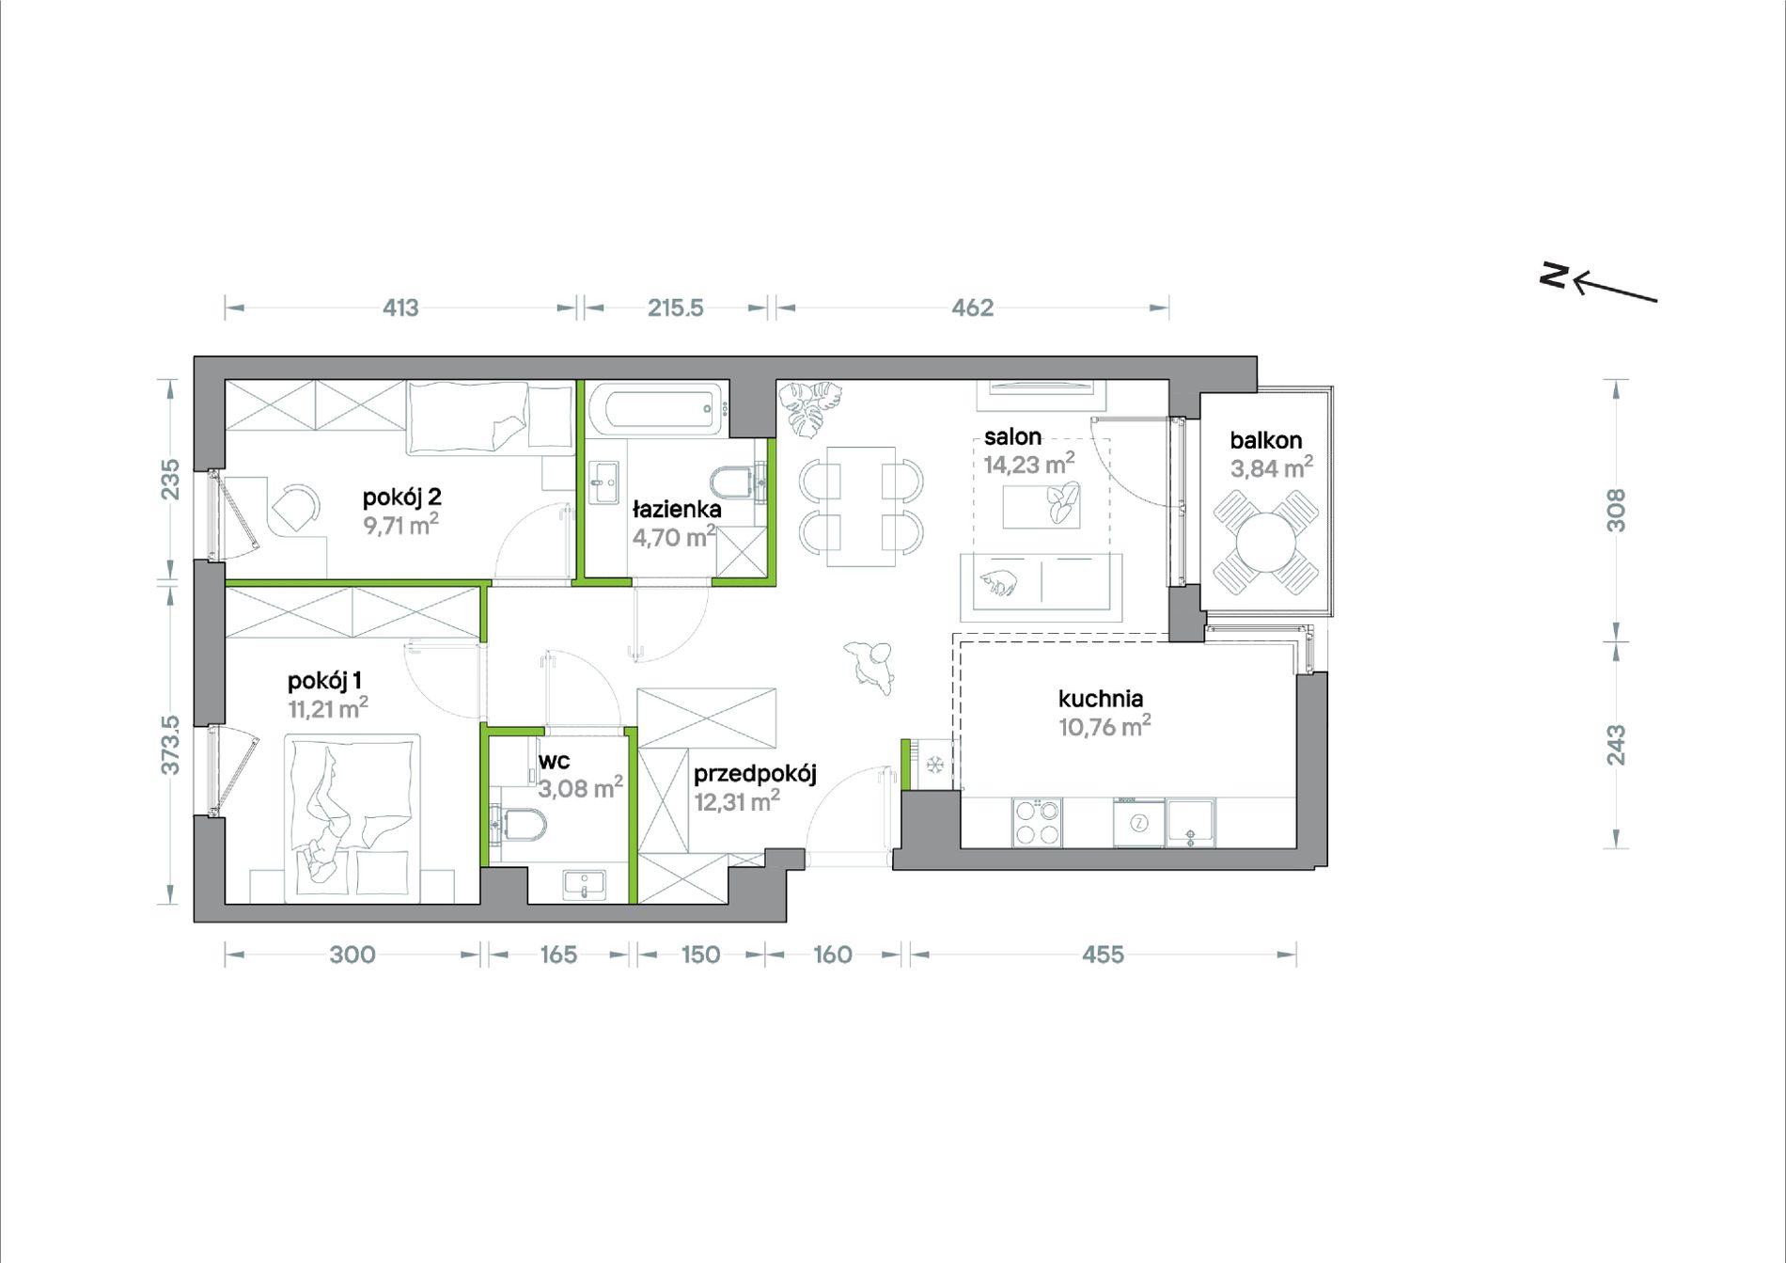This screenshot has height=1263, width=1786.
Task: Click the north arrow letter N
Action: point(1554,275)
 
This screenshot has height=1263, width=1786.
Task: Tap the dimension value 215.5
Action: point(675,308)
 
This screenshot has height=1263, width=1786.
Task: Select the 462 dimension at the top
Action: point(972,308)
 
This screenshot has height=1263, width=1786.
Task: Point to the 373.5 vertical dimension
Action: point(169,745)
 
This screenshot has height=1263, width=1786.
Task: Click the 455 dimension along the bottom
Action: point(1103,955)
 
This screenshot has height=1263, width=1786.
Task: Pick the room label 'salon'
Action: point(1012,436)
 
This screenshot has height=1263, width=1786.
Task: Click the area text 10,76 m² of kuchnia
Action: point(1104,726)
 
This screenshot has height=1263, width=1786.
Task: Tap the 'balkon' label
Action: point(1265,440)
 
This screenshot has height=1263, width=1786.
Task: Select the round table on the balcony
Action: point(1265,543)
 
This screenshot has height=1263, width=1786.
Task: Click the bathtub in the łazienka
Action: point(659,409)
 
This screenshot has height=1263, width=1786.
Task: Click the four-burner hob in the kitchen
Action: point(1037,822)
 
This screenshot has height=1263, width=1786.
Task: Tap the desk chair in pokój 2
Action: point(296,509)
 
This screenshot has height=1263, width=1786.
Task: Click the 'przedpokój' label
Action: point(755,774)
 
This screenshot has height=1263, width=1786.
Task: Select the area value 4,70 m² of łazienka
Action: point(674,537)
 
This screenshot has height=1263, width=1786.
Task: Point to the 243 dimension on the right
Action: point(1615,745)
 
